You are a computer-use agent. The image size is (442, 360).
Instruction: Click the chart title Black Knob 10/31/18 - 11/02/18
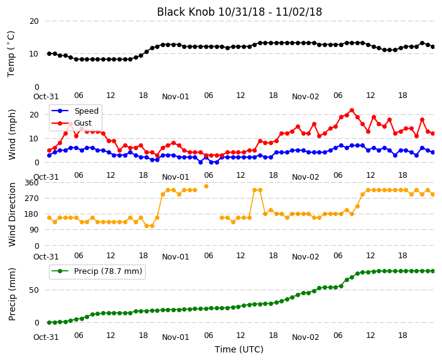[x=239, y=12]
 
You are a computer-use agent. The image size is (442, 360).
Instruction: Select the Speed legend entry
[x=75, y=111]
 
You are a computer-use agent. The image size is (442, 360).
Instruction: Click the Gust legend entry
[x=72, y=123]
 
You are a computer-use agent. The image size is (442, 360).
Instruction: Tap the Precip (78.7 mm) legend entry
[x=97, y=271]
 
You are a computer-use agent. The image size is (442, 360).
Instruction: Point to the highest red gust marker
[x=352, y=111]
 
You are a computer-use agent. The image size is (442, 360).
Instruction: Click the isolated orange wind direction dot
[x=206, y=186]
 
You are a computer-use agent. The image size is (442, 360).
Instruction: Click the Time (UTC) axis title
[x=239, y=349]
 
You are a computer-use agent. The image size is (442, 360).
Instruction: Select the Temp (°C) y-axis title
[x=11, y=54]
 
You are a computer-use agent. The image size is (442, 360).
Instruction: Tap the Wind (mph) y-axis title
[x=12, y=134]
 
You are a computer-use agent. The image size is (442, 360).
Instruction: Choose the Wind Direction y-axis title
[x=12, y=214]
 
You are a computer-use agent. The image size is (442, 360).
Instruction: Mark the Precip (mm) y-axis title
[x=12, y=294]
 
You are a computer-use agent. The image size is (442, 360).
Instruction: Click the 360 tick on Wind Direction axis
[x=31, y=183]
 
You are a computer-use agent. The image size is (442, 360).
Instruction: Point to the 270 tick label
[x=31, y=199]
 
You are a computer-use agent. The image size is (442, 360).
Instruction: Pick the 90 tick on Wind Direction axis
[x=34, y=230]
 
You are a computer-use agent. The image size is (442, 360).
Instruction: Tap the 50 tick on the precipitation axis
[x=34, y=290]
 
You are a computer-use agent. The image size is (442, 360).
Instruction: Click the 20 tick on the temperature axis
[x=34, y=21]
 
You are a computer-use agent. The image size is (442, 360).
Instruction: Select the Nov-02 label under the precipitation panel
[x=305, y=337]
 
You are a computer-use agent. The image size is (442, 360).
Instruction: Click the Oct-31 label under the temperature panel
[x=46, y=97]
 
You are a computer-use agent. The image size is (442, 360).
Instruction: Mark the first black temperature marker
[x=50, y=53]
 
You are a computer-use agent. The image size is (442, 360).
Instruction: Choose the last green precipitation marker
[x=433, y=271]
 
